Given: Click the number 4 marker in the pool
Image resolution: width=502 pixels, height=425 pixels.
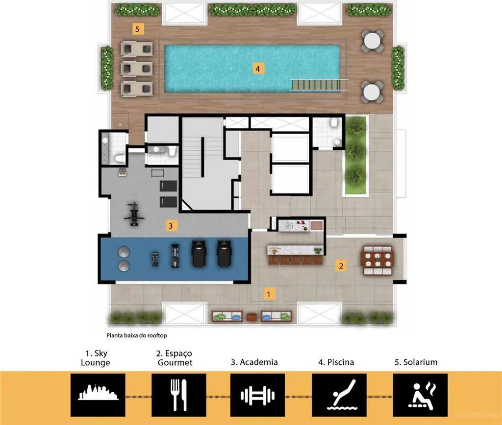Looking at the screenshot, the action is click(x=258, y=69).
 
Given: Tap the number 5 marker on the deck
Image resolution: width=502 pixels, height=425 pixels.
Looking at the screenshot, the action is click(x=138, y=29).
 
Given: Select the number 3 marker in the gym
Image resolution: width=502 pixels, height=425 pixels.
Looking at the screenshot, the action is click(x=171, y=226).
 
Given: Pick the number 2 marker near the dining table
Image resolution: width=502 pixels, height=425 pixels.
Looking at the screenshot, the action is click(x=341, y=266).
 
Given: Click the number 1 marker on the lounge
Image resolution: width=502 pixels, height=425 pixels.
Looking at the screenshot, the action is click(x=269, y=294).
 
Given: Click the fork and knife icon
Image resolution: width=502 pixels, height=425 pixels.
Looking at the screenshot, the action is click(x=178, y=395).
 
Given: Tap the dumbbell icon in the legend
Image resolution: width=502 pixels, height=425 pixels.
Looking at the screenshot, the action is click(x=258, y=395).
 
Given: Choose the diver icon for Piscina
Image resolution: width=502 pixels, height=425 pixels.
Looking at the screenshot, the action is click(x=342, y=395).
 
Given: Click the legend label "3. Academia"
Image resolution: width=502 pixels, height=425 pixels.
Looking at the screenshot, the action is click(x=254, y=362).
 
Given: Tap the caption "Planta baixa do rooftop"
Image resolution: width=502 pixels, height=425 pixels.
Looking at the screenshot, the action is click(x=137, y=335).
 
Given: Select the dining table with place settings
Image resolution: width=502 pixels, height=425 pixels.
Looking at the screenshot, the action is click(x=378, y=260).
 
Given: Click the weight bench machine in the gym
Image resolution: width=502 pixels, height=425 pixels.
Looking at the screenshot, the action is click(x=134, y=214).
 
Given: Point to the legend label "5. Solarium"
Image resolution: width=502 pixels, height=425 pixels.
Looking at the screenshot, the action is click(x=416, y=362).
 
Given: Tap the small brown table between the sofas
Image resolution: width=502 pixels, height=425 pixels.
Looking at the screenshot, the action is click(x=252, y=317).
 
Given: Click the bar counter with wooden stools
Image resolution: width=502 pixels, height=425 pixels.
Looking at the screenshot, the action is click(x=295, y=255).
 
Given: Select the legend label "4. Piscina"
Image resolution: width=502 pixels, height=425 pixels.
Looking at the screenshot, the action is click(x=336, y=362).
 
